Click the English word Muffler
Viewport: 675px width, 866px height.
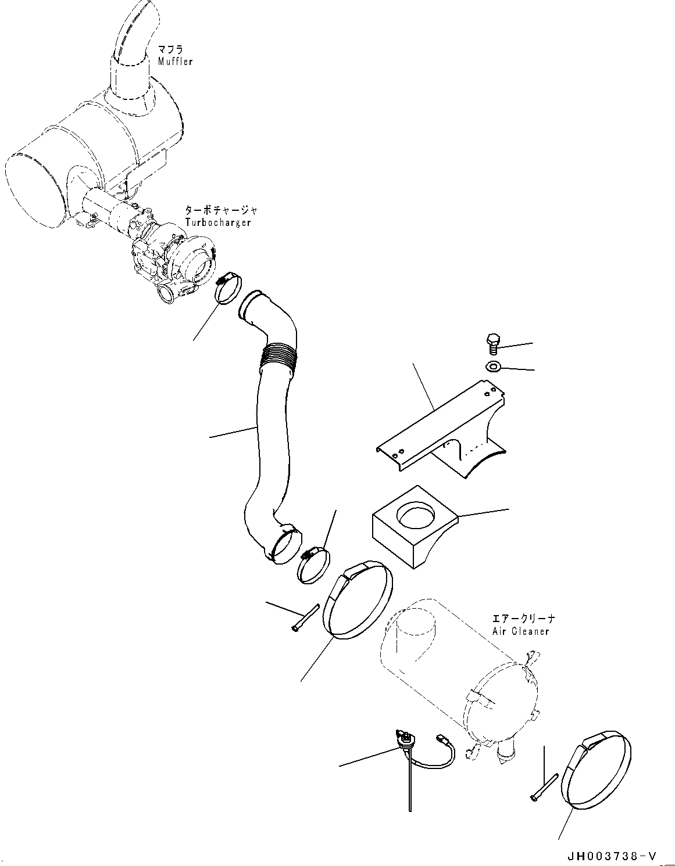point(175,62)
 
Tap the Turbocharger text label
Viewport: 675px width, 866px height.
point(218,223)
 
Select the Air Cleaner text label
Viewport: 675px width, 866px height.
point(520,631)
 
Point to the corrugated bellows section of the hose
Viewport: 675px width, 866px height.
point(280,354)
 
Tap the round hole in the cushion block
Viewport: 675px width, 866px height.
point(416,515)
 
